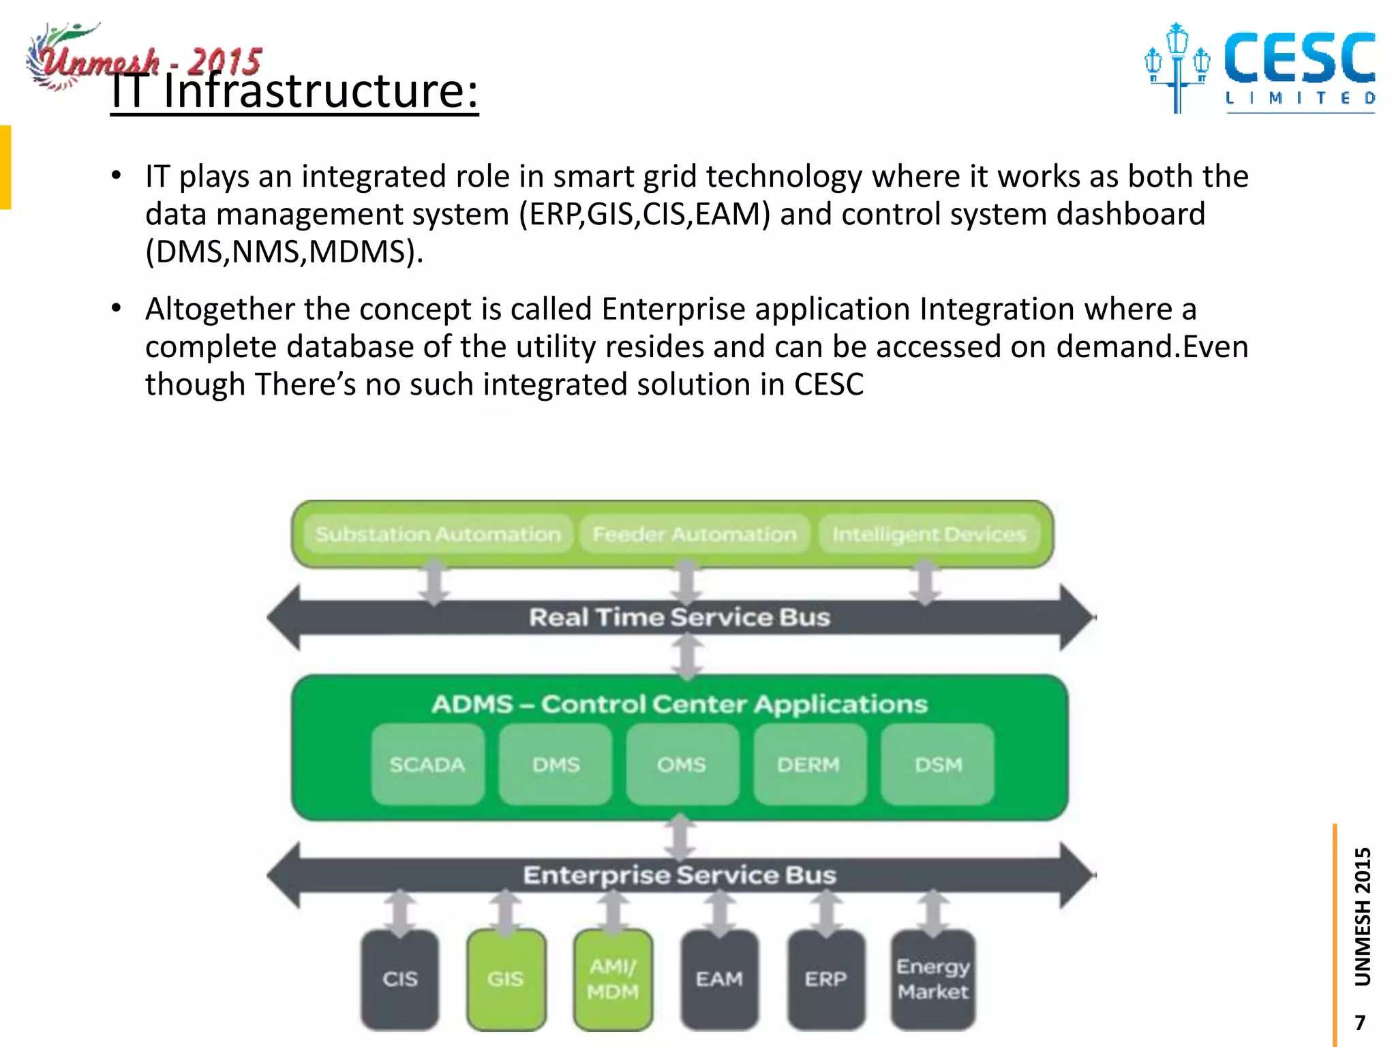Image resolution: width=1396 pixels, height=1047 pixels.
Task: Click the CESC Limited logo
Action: [1261, 68]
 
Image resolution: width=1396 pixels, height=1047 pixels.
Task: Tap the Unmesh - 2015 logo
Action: [143, 58]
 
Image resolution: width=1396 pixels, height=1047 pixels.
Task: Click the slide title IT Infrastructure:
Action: [294, 92]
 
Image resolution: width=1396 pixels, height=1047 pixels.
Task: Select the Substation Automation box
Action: [438, 534]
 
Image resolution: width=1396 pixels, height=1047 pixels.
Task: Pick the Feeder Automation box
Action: [694, 534]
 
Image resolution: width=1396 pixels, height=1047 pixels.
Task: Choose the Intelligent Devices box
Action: [928, 534]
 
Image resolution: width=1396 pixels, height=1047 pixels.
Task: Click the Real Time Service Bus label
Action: [680, 618]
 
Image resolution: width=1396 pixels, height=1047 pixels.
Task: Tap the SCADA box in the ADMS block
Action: [427, 765]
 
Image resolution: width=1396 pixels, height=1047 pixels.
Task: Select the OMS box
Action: [682, 765]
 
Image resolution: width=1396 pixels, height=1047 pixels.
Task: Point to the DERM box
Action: [809, 765]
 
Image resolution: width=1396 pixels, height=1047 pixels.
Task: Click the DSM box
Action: [938, 765]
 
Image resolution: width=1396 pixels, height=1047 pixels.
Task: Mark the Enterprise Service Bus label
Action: [680, 875]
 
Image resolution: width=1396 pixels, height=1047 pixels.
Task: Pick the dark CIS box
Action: [400, 979]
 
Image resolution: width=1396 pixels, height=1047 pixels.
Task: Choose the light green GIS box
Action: [506, 979]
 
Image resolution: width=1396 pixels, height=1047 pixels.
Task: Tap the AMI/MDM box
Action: [613, 979]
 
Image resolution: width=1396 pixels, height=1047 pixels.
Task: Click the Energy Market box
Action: [932, 979]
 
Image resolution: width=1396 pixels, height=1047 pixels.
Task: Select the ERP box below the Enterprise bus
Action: [825, 979]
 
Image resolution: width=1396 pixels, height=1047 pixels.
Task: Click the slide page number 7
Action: [1360, 1022]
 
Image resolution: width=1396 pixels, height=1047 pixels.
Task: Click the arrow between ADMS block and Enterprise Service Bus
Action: [680, 837]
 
